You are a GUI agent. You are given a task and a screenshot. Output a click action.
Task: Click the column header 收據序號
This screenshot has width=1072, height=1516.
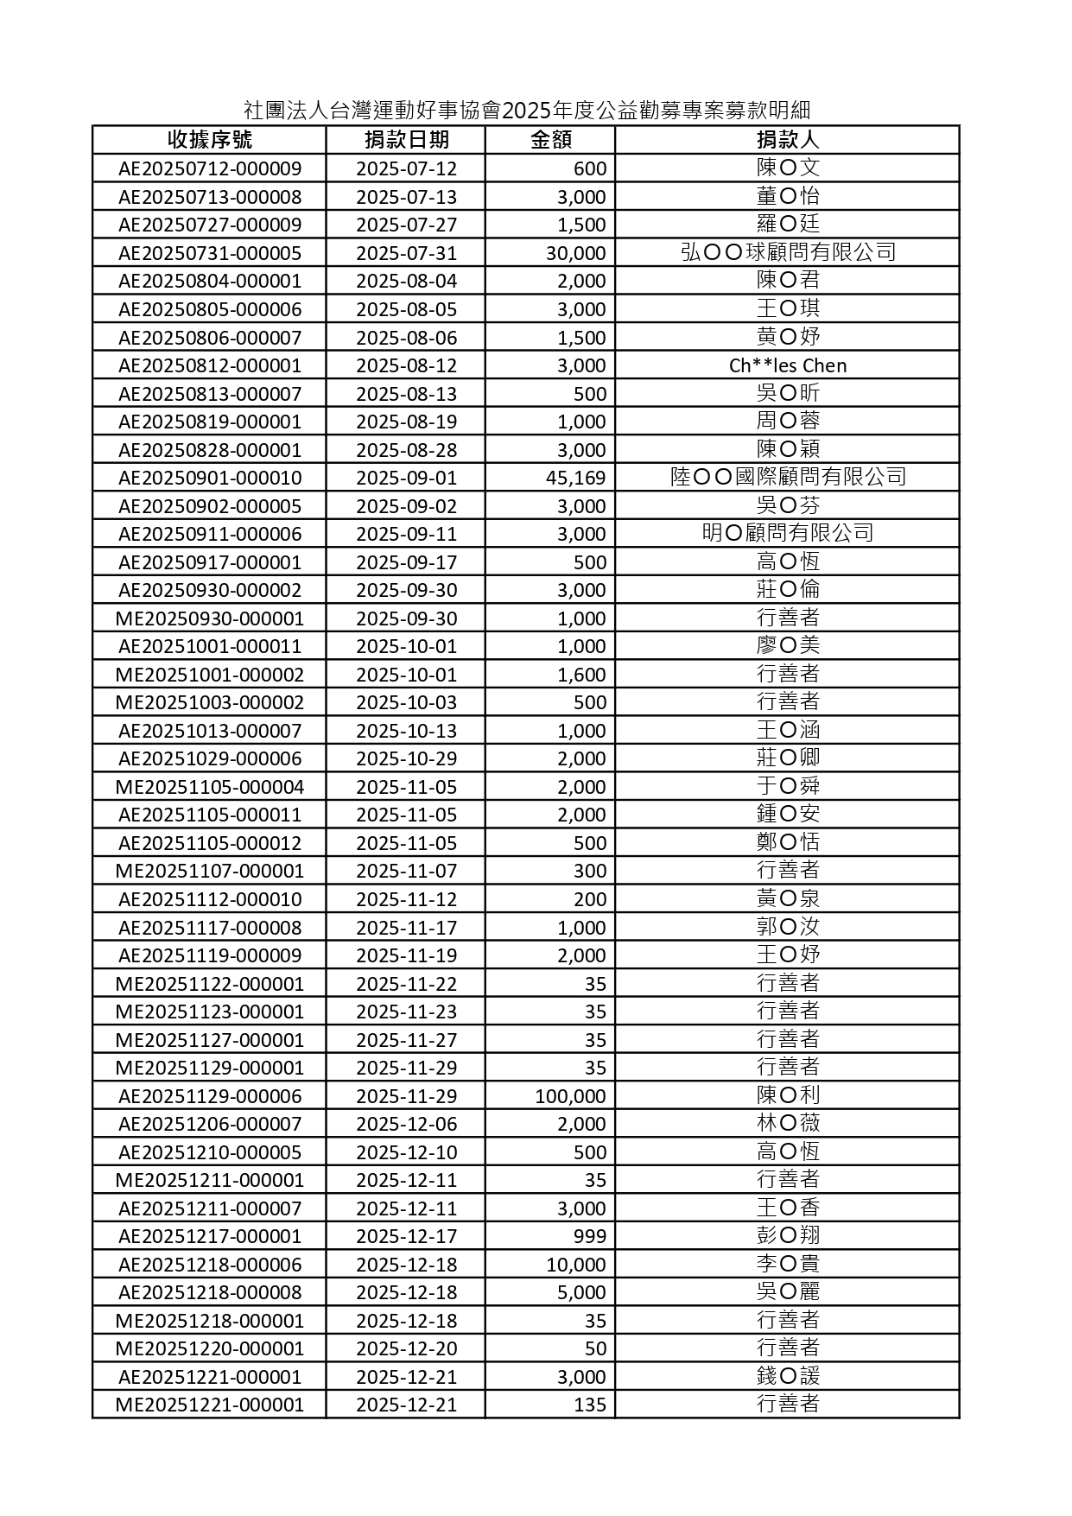point(210,140)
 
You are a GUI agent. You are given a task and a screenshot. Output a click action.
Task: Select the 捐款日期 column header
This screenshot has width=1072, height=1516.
point(406,140)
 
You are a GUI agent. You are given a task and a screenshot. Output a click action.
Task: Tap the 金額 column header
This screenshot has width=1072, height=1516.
point(550,140)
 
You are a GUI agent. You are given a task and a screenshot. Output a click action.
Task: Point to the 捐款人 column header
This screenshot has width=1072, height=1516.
point(787,140)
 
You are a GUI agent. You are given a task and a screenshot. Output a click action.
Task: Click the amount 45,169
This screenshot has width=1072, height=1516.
point(575,478)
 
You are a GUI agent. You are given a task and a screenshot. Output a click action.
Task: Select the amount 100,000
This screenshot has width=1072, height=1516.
point(570,1096)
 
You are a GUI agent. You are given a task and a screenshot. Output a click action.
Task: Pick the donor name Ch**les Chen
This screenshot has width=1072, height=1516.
point(787,365)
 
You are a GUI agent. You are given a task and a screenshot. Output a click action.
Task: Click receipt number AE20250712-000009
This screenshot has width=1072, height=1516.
point(210,168)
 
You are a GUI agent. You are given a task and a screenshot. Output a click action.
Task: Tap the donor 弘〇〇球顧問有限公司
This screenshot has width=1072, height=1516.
point(787,252)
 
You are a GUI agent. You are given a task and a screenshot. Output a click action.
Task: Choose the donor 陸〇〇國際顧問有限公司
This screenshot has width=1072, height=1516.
point(787,477)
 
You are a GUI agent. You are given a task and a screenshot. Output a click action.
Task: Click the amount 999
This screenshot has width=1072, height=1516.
point(590,1236)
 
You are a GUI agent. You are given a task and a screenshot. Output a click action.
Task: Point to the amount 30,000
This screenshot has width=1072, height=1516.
point(575,253)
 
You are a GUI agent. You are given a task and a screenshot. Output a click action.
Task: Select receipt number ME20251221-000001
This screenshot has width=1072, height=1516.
point(210,1405)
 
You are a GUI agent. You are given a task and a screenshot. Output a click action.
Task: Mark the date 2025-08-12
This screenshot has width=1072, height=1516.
point(406,365)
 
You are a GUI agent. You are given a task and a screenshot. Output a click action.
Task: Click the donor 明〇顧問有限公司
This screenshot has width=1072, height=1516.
point(787,533)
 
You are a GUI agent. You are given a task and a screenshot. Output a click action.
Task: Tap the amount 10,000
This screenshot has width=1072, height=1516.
point(575,1265)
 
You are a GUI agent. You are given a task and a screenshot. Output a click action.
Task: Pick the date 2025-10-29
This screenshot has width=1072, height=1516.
point(406,758)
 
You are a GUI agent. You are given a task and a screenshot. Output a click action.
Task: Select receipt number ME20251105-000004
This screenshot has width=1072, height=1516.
point(210,787)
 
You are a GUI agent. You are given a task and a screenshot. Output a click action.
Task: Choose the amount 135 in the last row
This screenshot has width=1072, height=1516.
point(590,1405)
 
